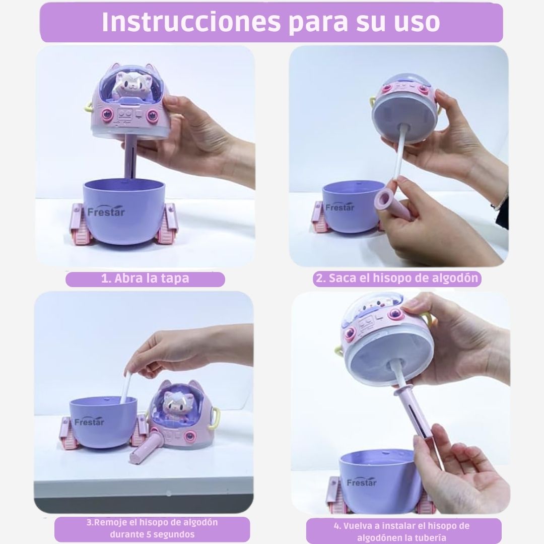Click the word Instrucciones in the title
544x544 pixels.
(191, 22)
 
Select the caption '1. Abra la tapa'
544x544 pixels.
(145, 279)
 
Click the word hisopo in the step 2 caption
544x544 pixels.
(395, 278)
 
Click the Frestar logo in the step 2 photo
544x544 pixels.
(340, 207)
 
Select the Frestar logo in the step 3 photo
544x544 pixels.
(89, 422)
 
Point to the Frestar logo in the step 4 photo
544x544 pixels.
(362, 482)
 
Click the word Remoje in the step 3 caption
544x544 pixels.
(108, 522)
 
